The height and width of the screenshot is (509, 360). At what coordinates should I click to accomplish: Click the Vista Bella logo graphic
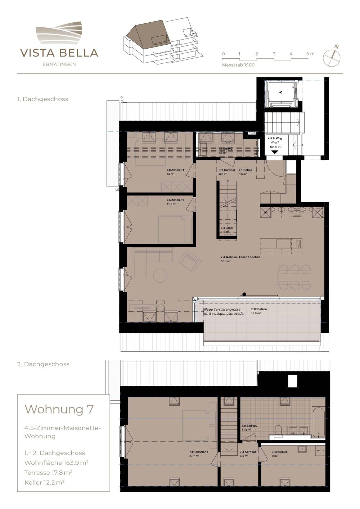[59, 33]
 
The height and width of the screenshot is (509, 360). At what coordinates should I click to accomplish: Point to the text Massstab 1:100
[238, 65]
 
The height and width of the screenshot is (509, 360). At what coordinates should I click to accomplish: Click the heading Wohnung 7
[59, 409]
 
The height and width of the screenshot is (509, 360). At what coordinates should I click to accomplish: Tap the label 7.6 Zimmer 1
[175, 170]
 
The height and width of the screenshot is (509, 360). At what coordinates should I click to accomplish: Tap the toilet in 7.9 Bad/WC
[278, 429]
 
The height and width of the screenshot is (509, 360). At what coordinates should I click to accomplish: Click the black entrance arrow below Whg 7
[275, 152]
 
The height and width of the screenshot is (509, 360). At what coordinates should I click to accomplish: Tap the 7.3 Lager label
[225, 228]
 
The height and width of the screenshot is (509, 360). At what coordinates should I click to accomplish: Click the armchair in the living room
[190, 261]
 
